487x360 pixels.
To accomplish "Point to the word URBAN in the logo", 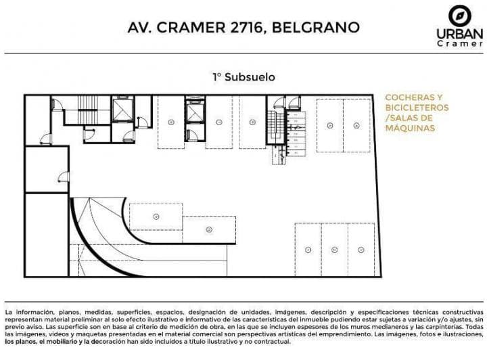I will pyautogui.click(x=459, y=33).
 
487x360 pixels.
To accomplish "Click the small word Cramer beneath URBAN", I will pyautogui.click(x=459, y=44).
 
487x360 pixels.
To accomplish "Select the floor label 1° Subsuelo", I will pyautogui.click(x=243, y=77).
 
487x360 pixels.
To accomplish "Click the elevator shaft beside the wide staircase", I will pyautogui.click(x=123, y=109).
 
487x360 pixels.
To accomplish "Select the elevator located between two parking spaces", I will pyautogui.click(x=195, y=110).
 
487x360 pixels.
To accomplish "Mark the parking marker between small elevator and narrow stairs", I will pyautogui.click(x=252, y=122).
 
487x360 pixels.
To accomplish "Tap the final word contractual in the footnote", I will pyautogui.click(x=273, y=341).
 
